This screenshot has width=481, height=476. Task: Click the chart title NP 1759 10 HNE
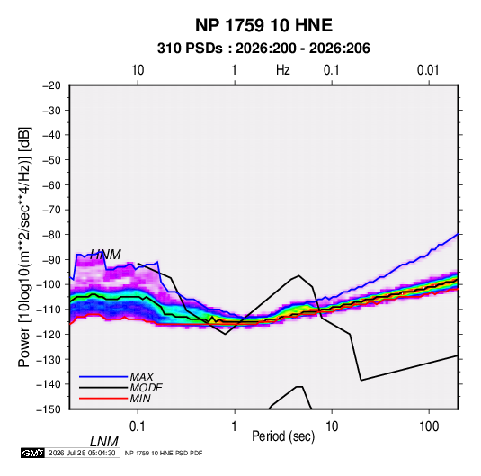click(x=263, y=25)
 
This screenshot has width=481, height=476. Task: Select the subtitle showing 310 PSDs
click(x=263, y=49)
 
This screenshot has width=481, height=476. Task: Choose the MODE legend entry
click(x=120, y=388)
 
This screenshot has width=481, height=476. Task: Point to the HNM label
click(x=105, y=255)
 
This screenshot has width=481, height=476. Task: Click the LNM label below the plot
click(x=103, y=442)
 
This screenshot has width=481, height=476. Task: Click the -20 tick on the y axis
click(x=51, y=85)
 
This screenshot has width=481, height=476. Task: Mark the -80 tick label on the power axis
click(x=51, y=235)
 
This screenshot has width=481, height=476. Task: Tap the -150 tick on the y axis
click(x=49, y=409)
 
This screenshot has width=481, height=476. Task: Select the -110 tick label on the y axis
click(x=49, y=310)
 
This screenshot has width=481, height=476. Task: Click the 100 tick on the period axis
click(x=429, y=427)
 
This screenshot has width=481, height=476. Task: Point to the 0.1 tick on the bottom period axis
click(x=138, y=427)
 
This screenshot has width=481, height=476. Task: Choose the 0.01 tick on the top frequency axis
click(x=428, y=70)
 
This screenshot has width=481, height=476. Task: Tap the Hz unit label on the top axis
click(x=283, y=70)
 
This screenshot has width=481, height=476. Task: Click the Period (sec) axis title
click(x=283, y=436)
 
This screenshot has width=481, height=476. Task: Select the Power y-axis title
click(x=24, y=247)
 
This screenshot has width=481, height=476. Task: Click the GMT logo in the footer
click(x=32, y=453)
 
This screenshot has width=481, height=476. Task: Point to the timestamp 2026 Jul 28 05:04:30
click(x=82, y=453)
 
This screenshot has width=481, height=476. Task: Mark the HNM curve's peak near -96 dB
click(x=298, y=275)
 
